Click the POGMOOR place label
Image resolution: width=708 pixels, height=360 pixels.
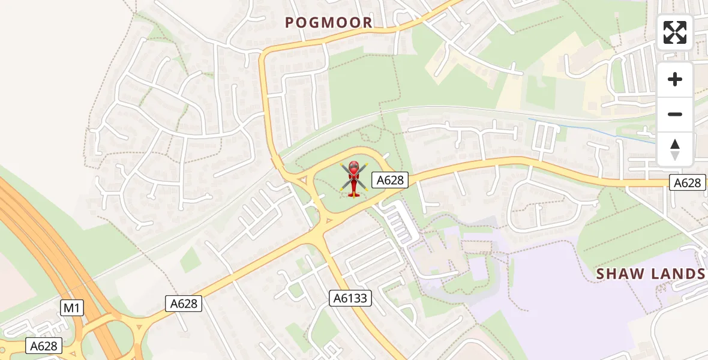(x=329, y=23)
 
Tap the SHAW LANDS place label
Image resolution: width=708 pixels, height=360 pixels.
(x=650, y=274)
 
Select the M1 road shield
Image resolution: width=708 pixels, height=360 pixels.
(x=72, y=308)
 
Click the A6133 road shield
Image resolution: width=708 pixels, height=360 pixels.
(x=351, y=298)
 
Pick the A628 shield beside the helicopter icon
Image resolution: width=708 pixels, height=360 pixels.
(x=389, y=180)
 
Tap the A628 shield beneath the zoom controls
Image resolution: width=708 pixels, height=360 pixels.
(x=687, y=183)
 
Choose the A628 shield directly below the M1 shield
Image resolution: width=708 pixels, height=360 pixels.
(x=44, y=346)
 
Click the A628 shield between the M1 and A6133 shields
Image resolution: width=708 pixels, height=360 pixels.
(x=184, y=304)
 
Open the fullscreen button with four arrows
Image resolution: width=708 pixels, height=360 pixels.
(x=675, y=32)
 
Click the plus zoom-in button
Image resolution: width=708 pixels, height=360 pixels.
(x=675, y=79)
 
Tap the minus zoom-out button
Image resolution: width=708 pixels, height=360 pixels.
(x=675, y=114)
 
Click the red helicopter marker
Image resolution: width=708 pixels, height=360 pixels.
(x=353, y=178)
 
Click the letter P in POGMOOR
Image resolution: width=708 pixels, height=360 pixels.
(x=290, y=23)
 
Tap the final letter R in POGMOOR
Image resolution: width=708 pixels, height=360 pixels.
(x=367, y=23)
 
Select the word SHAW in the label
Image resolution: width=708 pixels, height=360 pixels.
(x=619, y=274)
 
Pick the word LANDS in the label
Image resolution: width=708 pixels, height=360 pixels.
(x=676, y=274)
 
